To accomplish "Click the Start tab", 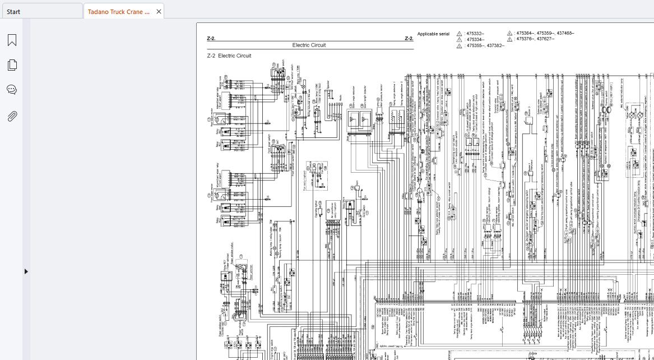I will pyautogui.click(x=13, y=12).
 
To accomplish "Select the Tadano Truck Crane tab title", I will pyautogui.click(x=119, y=12).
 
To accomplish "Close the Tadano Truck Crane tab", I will pyautogui.click(x=159, y=12).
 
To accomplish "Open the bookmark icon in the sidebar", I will pyautogui.click(x=12, y=40).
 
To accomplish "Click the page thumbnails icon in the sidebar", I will pyautogui.click(x=12, y=65).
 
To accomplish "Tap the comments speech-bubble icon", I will pyautogui.click(x=12, y=90).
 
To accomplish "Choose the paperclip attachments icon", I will pyautogui.click(x=12, y=116).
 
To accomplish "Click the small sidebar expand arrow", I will pyautogui.click(x=26, y=271).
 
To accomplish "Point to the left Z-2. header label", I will pyautogui.click(x=211, y=39).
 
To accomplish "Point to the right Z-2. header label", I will pyautogui.click(x=409, y=39).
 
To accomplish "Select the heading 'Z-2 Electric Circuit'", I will pyautogui.click(x=229, y=56).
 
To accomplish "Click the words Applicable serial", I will pyautogui.click(x=433, y=34).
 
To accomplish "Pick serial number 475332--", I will pyautogui.click(x=475, y=34).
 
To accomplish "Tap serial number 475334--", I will pyautogui.click(x=475, y=40).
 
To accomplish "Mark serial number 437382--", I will pyautogui.click(x=496, y=45).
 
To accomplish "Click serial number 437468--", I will pyautogui.click(x=565, y=33).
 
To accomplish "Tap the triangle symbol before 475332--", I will pyautogui.click(x=460, y=34).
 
